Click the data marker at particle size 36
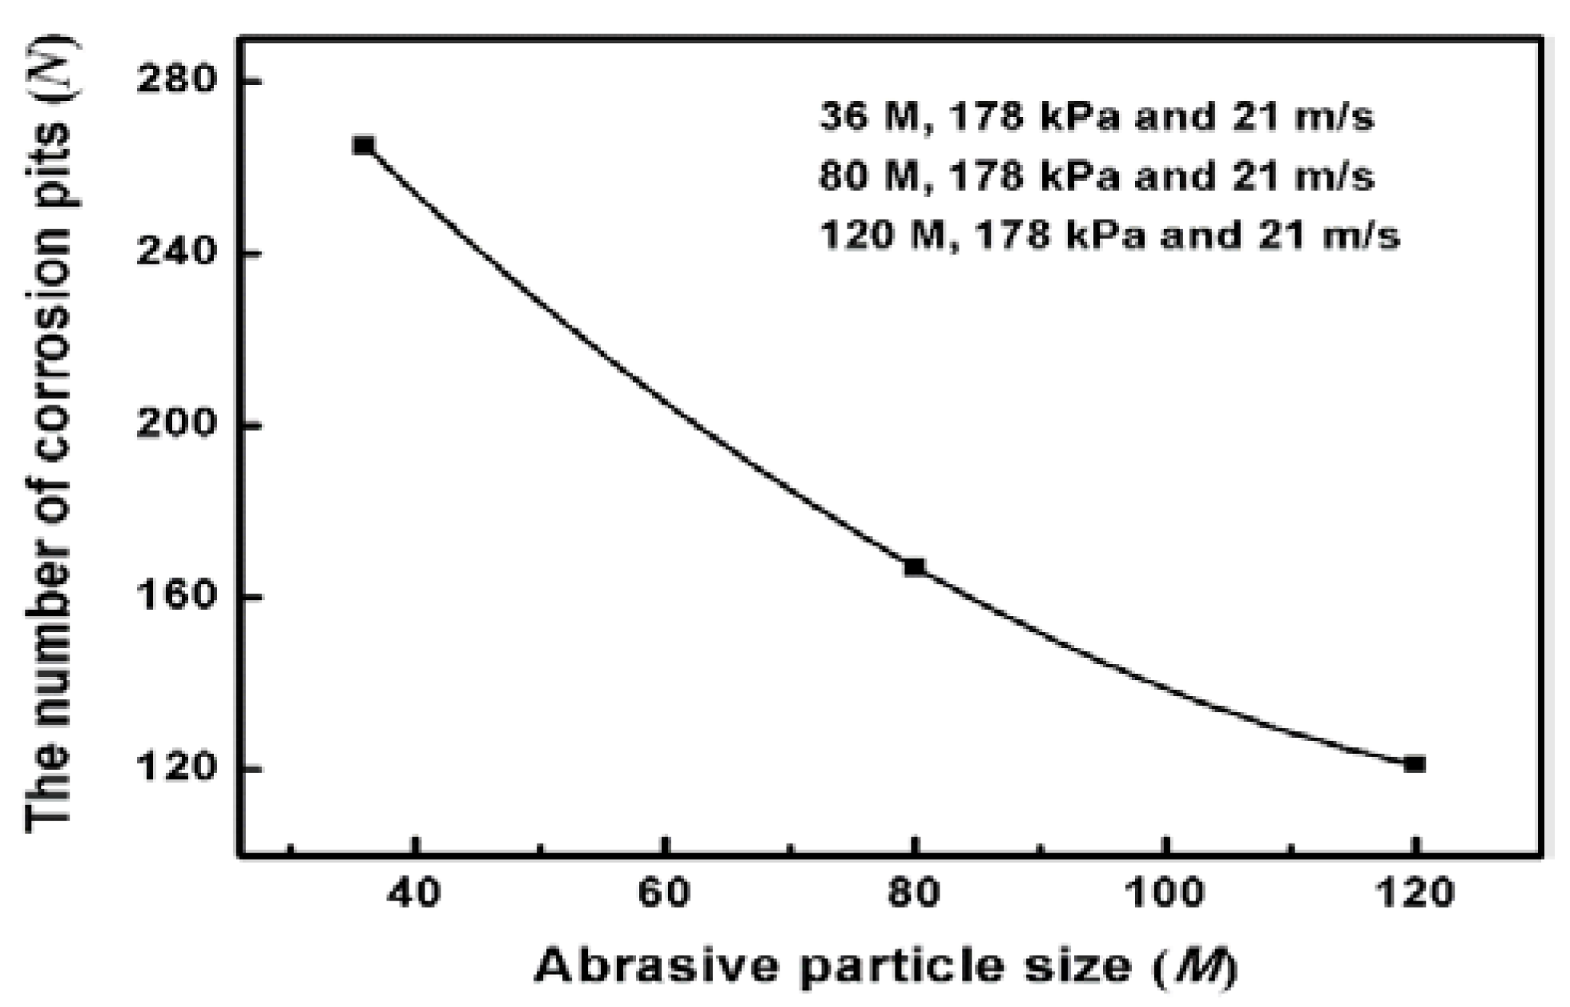pos(364,146)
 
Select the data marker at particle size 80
pos(914,567)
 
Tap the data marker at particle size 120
pos(1415,764)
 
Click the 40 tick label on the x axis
pos(414,892)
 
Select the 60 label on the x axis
pos(664,892)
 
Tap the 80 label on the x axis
pos(914,892)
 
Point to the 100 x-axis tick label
pos(1165,892)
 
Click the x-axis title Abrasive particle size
pos(886,966)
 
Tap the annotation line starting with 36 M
pos(1097,117)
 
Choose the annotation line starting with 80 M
pos(1097,176)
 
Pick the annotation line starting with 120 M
pos(1109,236)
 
